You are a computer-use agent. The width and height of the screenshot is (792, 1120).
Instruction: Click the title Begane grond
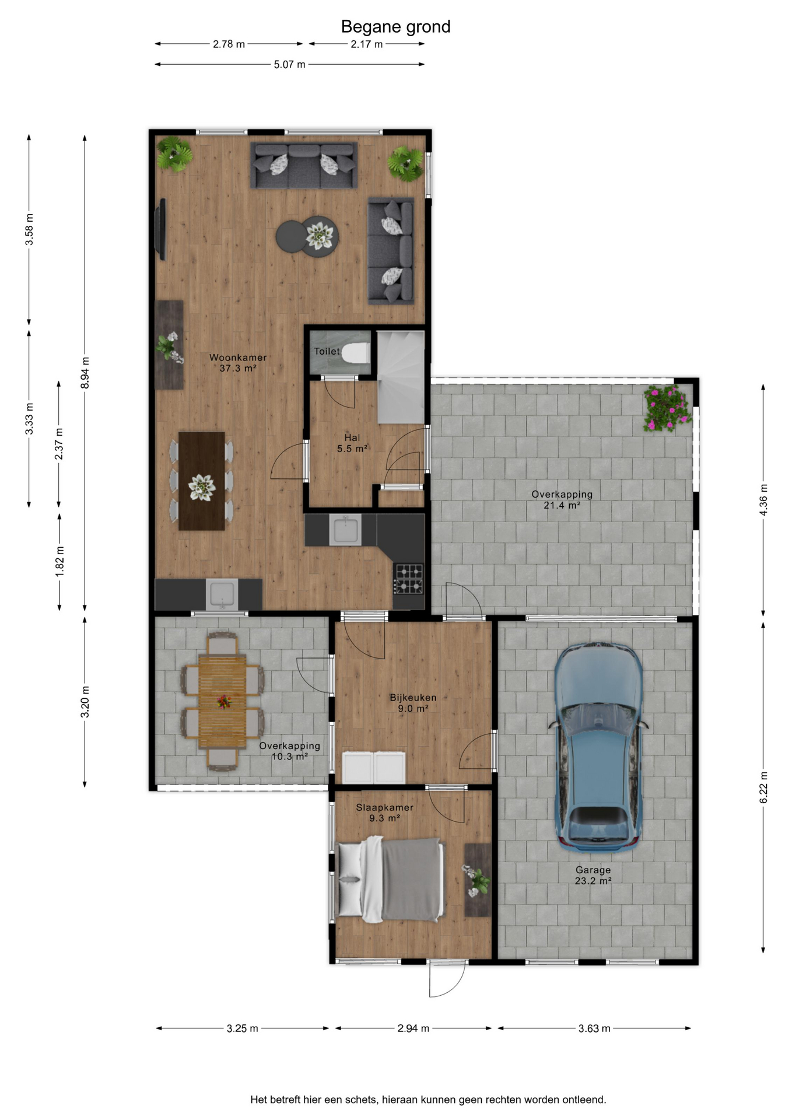click(395, 27)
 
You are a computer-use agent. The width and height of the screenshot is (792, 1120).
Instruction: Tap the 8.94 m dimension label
click(85, 373)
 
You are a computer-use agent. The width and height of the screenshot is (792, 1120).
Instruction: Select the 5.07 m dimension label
click(290, 64)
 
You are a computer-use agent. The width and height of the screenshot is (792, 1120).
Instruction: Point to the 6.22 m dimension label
click(763, 787)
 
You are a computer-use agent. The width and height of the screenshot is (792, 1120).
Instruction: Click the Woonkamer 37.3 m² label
click(238, 363)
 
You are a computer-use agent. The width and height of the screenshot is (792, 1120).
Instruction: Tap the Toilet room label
click(327, 351)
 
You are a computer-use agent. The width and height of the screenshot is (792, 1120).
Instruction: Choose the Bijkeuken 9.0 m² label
click(413, 703)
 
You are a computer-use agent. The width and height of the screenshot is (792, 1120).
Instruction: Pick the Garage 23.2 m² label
click(593, 875)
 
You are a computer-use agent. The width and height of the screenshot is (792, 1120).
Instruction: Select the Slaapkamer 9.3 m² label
click(384, 813)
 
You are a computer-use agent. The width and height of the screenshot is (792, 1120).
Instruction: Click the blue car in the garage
click(598, 748)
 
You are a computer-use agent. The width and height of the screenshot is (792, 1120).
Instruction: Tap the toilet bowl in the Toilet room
click(355, 352)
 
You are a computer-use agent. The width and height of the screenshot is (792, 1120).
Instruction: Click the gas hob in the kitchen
click(409, 579)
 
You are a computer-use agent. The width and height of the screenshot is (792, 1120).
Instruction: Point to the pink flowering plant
click(667, 408)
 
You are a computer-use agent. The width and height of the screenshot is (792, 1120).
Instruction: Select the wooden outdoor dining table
click(222, 702)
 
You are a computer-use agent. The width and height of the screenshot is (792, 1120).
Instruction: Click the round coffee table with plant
click(307, 236)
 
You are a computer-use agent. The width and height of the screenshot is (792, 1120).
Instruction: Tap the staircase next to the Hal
click(401, 377)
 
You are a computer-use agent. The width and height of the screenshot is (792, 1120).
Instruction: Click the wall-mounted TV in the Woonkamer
click(162, 229)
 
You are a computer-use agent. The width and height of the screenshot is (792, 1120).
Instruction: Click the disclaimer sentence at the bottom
click(428, 1100)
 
